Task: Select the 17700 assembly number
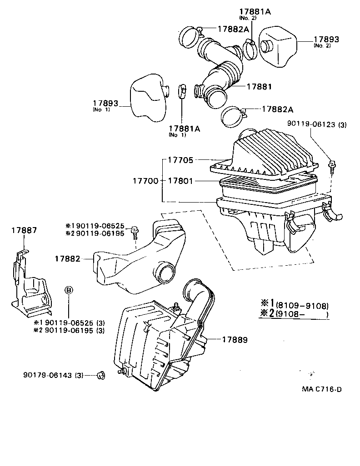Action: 145,181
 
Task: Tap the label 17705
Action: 180,160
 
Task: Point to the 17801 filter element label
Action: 180,181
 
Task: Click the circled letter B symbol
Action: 68,290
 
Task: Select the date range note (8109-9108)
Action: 302,305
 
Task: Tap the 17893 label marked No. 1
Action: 105,104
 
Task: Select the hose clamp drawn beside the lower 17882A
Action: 234,116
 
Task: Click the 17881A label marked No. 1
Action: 184,129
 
